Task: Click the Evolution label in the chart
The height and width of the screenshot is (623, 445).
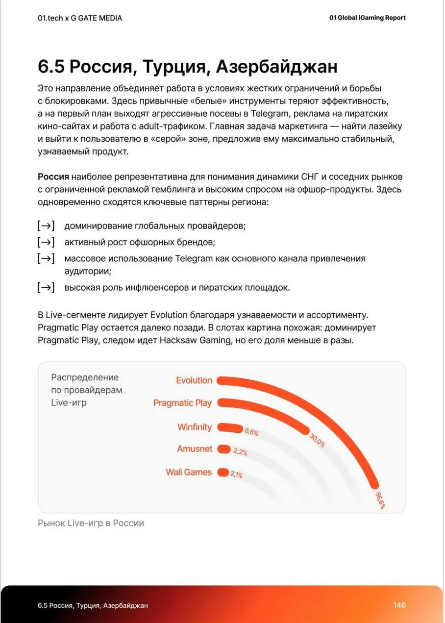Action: coord(194,380)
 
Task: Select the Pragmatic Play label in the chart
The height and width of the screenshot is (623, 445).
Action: coord(182,403)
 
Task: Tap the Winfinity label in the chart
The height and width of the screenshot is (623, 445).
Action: coord(195,427)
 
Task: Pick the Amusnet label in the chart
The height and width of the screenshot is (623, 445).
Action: coord(195,449)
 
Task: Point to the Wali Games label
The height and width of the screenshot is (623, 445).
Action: coord(189,472)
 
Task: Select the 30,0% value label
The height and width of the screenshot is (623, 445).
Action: coord(317,440)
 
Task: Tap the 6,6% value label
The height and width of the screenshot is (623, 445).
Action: coord(251,432)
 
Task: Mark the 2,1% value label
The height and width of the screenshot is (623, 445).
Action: coord(236,474)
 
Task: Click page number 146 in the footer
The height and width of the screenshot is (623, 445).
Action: coord(399,605)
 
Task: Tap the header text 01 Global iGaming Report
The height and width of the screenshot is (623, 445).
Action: coord(368,18)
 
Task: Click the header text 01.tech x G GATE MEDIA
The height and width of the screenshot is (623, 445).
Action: coord(80,18)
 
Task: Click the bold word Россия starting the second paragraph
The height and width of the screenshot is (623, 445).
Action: coord(53,177)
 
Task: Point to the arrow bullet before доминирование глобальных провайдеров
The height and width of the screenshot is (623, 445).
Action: coord(46,226)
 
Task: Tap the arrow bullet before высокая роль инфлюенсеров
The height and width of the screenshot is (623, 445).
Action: coord(46,288)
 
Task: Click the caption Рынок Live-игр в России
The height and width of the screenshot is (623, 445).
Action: coord(91,523)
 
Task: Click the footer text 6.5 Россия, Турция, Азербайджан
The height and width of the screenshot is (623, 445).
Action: coord(93,605)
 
